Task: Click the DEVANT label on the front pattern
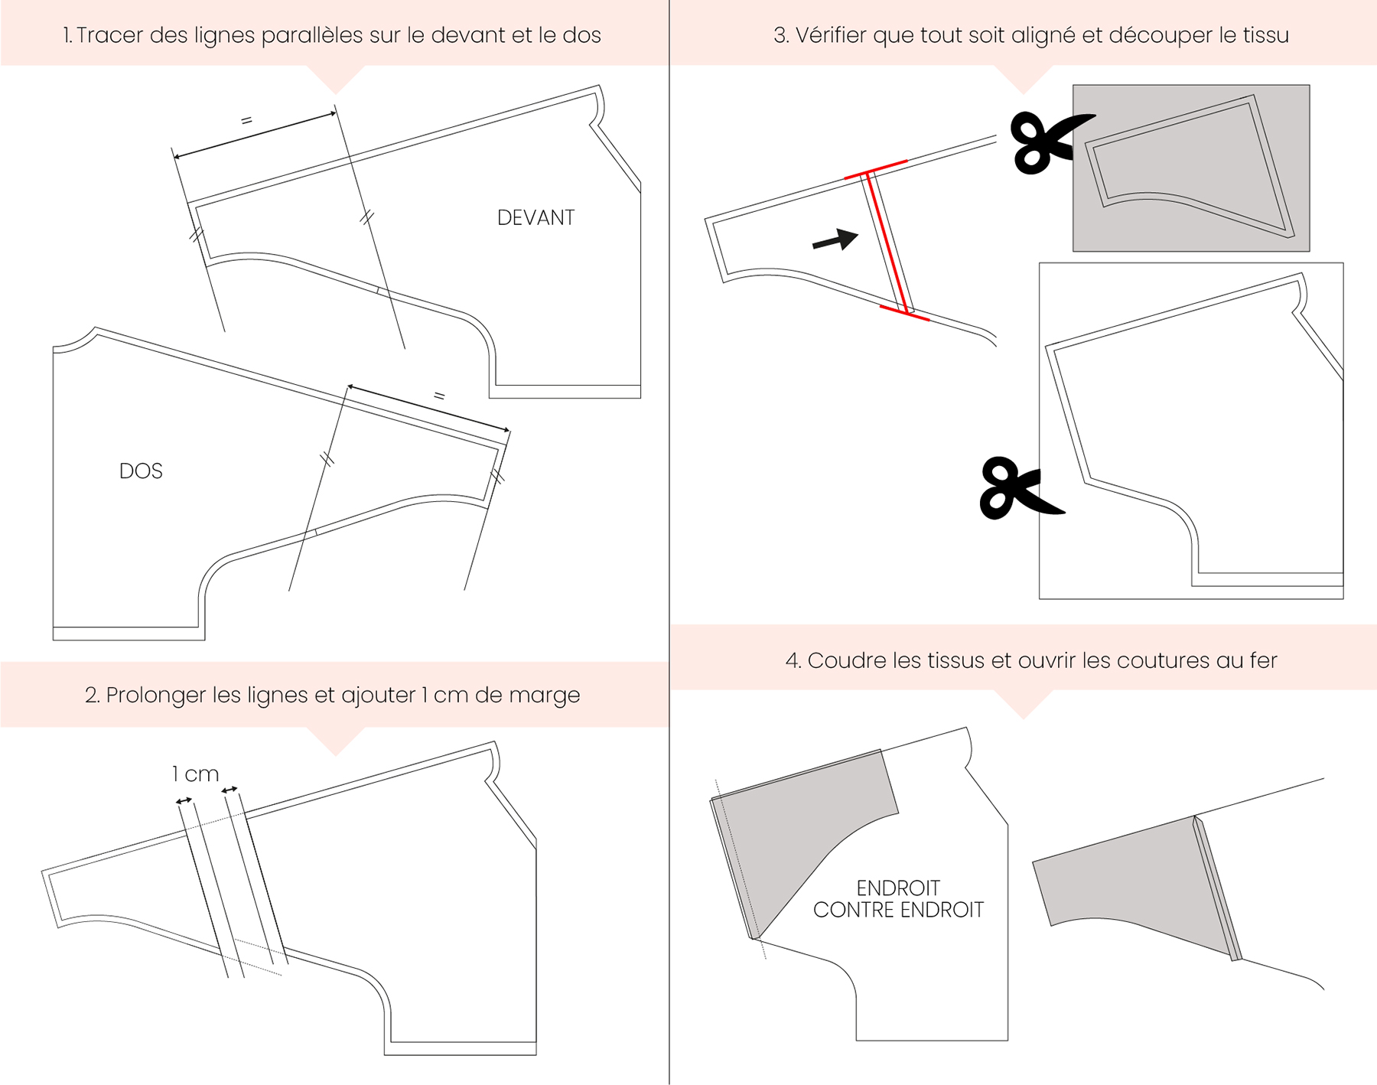coord(535,218)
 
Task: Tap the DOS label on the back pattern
coord(141,471)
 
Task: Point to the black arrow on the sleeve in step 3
coord(835,240)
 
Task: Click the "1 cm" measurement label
coord(195,774)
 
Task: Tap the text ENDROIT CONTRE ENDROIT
coord(898,899)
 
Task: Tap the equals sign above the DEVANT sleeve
coord(246,121)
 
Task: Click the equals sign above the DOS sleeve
coord(439,396)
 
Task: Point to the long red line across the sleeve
coord(887,243)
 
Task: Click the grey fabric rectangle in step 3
coord(1191,168)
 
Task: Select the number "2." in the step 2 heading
coord(93,696)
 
